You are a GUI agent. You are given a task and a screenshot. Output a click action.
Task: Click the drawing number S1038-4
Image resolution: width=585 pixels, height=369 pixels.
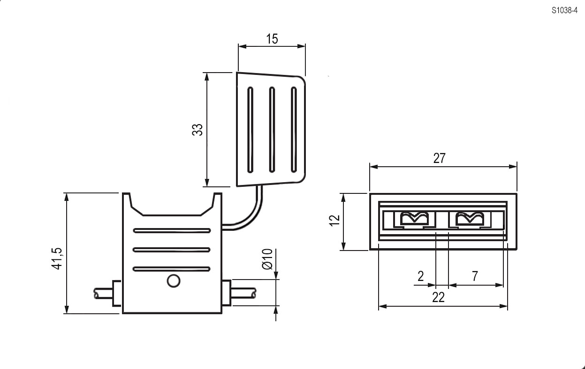coord(564,10)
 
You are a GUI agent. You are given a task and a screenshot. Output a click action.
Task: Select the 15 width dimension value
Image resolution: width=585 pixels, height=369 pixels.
coord(272,39)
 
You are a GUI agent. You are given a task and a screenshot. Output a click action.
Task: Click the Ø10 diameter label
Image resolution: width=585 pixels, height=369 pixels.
coord(267,259)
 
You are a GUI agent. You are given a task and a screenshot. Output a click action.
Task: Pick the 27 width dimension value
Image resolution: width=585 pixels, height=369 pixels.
coord(439,158)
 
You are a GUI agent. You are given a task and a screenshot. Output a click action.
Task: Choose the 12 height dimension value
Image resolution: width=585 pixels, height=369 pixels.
coord(334,221)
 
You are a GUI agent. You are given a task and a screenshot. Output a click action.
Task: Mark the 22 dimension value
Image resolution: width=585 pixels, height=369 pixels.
coord(438,297)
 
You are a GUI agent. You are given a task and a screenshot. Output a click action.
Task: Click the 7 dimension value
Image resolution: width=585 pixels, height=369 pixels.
coord(475,276)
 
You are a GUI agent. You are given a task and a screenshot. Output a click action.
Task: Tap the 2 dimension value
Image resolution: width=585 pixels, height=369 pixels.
coord(421,276)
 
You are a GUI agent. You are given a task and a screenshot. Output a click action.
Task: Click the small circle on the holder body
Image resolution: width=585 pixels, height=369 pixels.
coord(174,281)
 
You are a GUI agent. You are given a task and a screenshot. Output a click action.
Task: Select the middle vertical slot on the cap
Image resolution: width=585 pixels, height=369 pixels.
coord(272,130)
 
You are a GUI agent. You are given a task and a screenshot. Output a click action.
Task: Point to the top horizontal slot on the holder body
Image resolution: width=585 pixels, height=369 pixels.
coord(172,230)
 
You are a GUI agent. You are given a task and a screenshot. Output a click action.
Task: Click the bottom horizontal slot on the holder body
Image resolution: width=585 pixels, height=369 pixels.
coord(172,269)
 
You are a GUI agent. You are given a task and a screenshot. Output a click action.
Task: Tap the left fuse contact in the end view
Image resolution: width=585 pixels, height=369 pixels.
coord(414,218)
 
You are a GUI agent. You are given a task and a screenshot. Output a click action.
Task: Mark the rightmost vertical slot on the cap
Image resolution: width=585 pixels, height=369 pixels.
coord(294,130)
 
